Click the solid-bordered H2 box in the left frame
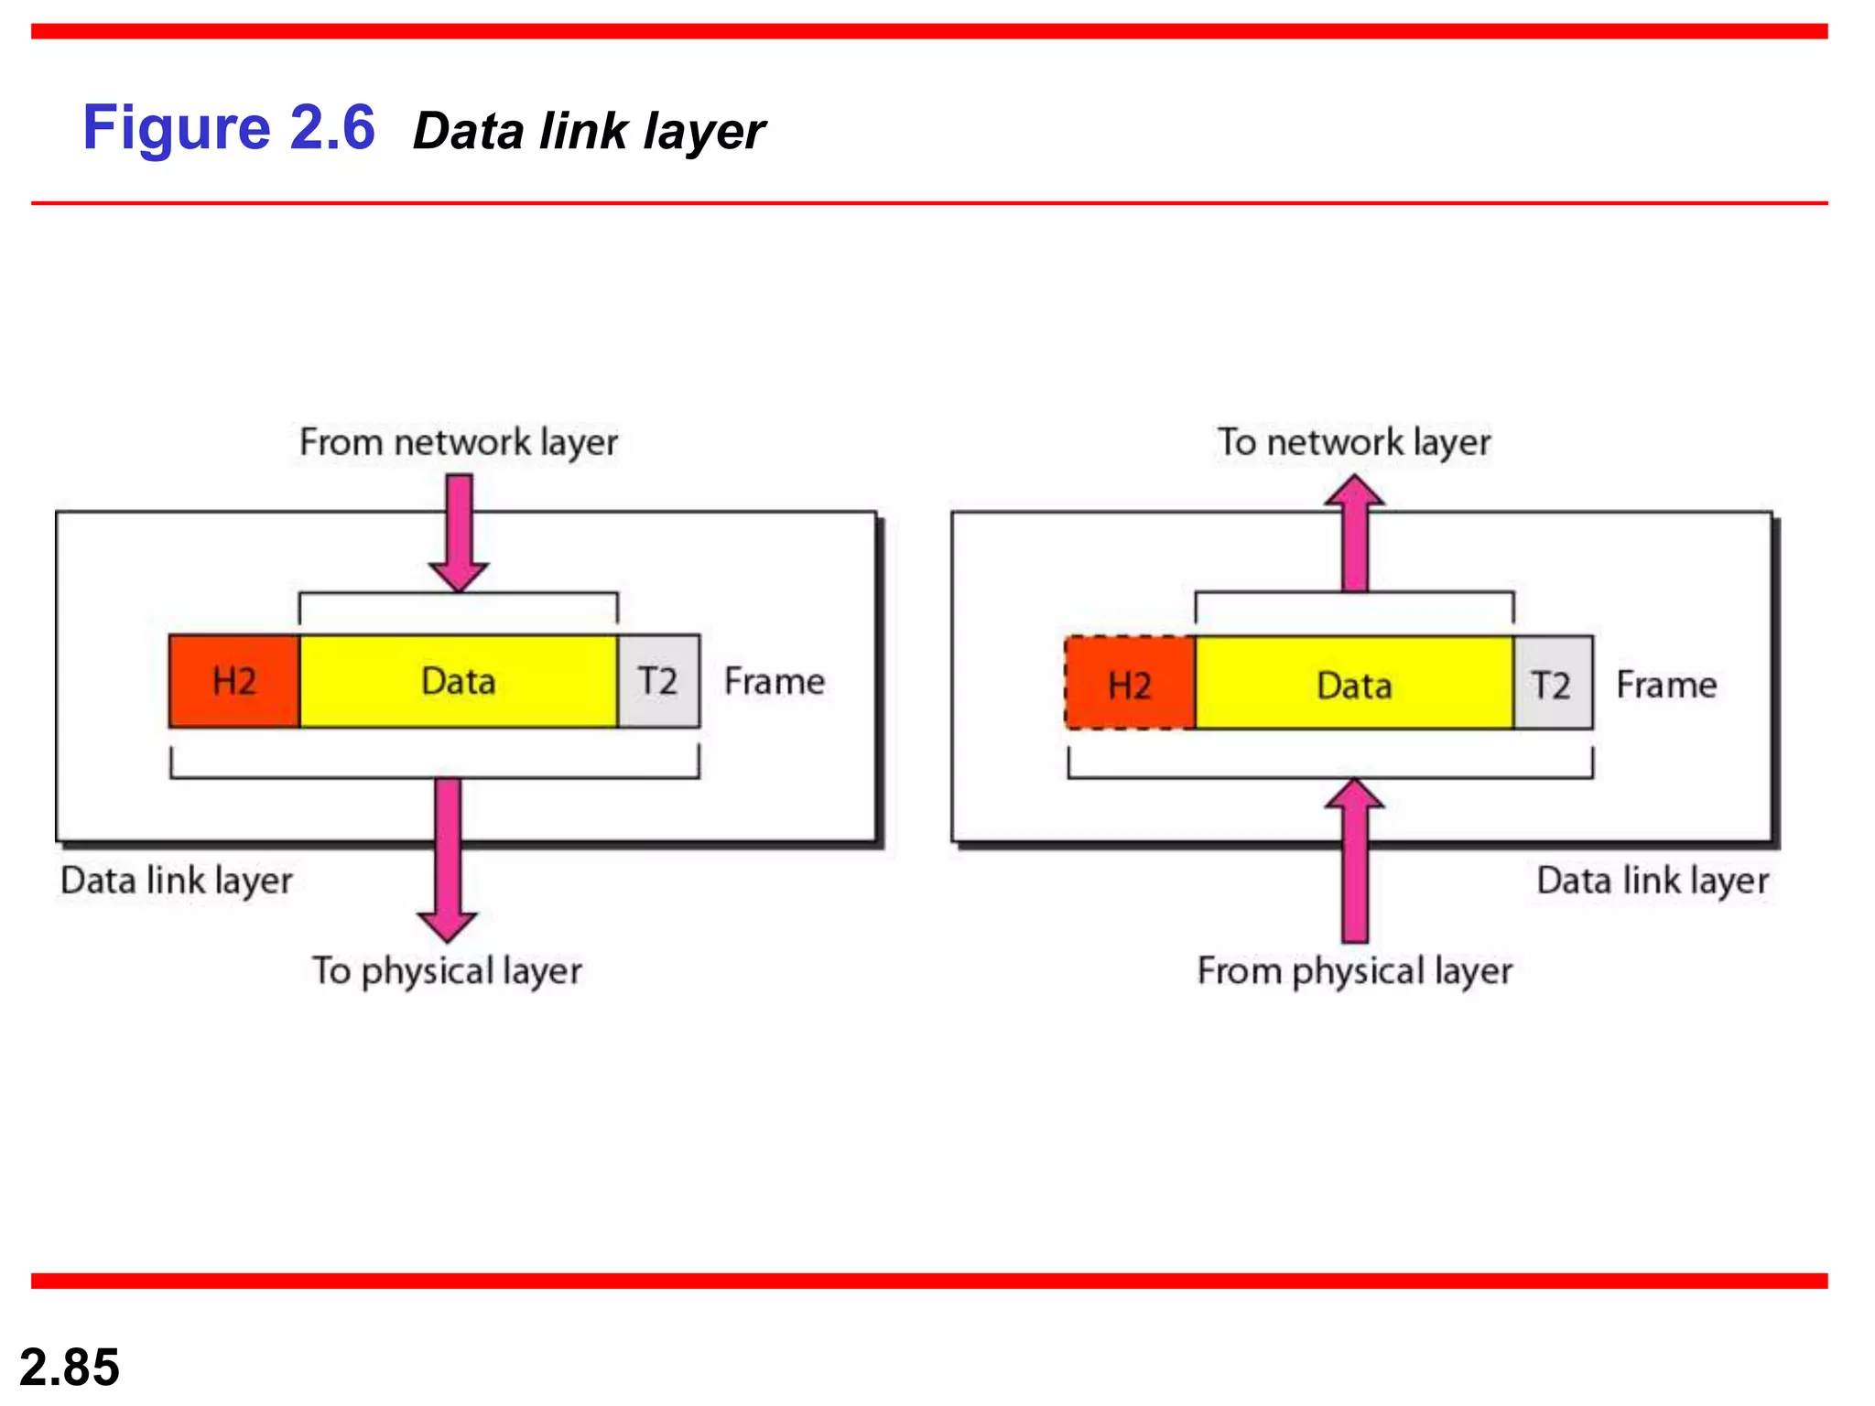pos(234,681)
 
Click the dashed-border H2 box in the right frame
pos(1131,684)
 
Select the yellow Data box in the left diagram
pos(458,681)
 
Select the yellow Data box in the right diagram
pos(1354,684)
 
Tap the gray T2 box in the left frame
pos(658,681)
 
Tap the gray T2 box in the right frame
pos(1552,684)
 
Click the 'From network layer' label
pos(458,442)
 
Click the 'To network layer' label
pos(1353,442)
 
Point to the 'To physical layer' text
pos(447,971)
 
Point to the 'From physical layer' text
pos(1354,971)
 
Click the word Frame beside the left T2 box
pos(774,682)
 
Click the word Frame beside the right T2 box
pos(1666,685)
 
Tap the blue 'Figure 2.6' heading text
pos(229,127)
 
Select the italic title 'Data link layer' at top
pos(589,131)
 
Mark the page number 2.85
pos(70,1367)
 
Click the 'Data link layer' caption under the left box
pos(177,881)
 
